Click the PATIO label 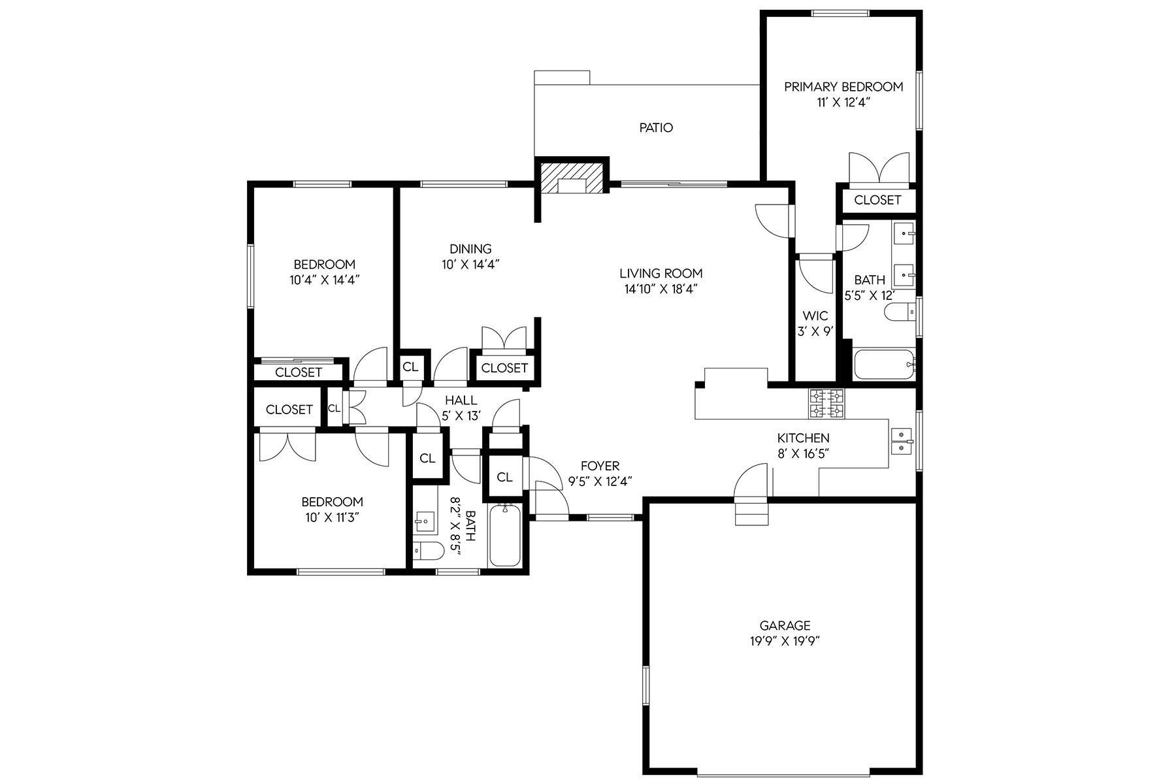click(656, 127)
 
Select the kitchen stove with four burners click(826, 404)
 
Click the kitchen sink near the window click(902, 442)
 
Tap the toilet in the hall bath click(425, 551)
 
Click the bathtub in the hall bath click(505, 536)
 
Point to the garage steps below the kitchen click(751, 511)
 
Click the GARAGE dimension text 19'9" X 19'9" click(785, 641)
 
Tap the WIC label click(815, 316)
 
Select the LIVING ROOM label click(661, 273)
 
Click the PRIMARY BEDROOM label click(843, 86)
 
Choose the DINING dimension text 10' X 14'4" click(470, 264)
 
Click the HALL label click(461, 400)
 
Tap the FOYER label click(600, 466)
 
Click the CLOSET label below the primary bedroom click(877, 200)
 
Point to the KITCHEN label click(803, 438)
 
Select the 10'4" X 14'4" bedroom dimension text click(325, 280)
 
